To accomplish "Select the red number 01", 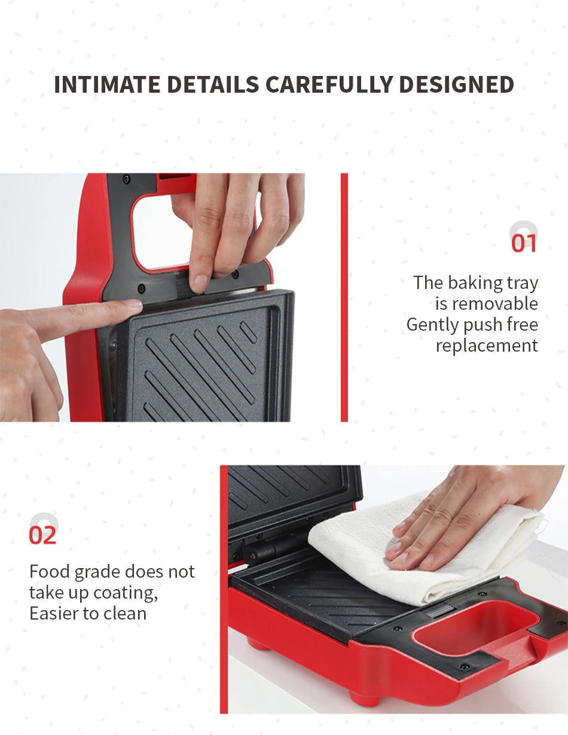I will [524, 243].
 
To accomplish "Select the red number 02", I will [43, 535].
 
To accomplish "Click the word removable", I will [495, 304].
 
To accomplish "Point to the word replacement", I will [487, 346].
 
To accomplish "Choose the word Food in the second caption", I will [50, 572].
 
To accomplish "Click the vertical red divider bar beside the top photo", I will [344, 297].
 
